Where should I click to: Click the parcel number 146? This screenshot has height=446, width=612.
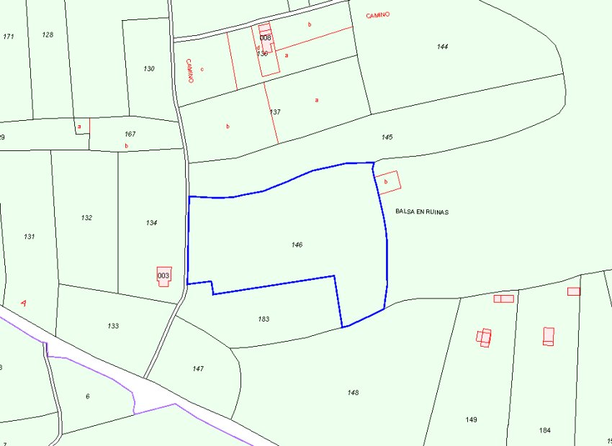[x=297, y=245]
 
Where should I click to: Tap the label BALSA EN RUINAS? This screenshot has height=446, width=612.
[x=422, y=212]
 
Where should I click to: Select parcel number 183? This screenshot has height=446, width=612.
[x=264, y=319]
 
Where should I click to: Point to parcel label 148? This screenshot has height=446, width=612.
[x=353, y=393]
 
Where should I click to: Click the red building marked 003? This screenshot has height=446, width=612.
[x=164, y=276]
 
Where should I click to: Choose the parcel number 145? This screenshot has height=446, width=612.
[x=387, y=137]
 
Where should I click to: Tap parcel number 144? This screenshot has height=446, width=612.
[x=442, y=47]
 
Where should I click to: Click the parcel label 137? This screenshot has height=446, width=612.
[x=275, y=112]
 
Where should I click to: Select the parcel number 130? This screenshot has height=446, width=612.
[x=149, y=69]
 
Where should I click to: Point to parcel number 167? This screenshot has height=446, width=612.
[x=130, y=134]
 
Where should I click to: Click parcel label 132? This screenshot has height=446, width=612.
[x=87, y=217]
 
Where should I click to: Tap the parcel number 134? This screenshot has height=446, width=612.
[x=151, y=223]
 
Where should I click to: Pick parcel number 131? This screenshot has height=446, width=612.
[x=30, y=237]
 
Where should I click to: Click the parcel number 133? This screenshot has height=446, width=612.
[x=113, y=326]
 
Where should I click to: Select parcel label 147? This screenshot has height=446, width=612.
[x=198, y=368]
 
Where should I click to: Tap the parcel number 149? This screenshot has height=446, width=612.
[x=472, y=419]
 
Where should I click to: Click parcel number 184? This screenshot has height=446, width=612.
[x=544, y=430]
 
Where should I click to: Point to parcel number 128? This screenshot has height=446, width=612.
[x=48, y=35]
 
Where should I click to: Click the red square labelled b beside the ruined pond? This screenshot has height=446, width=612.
[x=387, y=182]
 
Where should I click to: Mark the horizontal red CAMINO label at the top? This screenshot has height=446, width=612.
[x=377, y=15]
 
